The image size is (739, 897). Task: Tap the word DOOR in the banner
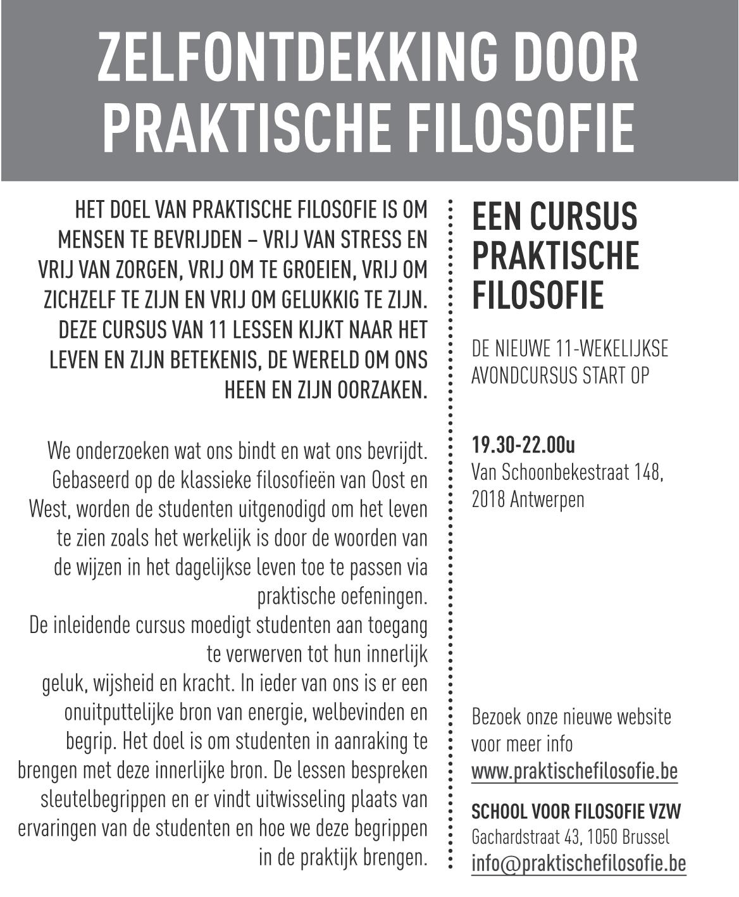click(x=568, y=59)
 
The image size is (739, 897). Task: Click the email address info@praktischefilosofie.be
click(x=578, y=863)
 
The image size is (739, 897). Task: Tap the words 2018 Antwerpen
click(x=528, y=499)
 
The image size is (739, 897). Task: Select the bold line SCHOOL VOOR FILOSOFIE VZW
click(x=576, y=811)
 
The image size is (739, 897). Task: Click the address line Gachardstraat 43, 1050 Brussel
click(x=569, y=837)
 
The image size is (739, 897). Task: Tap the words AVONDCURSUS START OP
click(x=560, y=375)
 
